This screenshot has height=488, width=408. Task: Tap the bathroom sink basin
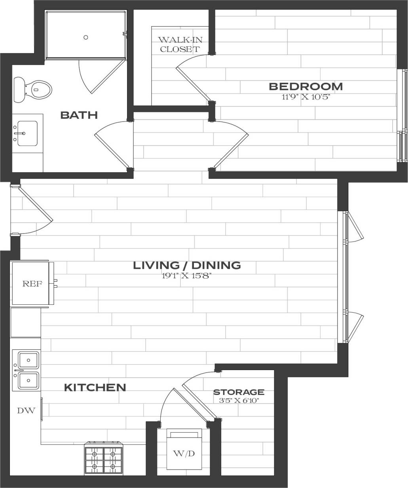tap(27, 133)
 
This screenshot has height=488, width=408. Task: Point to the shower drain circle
tap(86, 37)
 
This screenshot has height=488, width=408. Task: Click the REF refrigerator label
tap(32, 284)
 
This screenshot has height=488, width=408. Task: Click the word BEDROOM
tap(306, 86)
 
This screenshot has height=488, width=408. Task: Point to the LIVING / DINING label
tap(187, 265)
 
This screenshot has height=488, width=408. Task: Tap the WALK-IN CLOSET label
tap(179, 44)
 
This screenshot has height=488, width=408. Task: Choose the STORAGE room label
tap(239, 392)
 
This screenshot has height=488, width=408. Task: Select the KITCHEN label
tap(95, 387)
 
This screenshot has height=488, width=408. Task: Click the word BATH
tap(79, 115)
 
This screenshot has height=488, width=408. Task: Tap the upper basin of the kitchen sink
tap(28, 360)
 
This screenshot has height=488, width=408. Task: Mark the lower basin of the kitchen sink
tap(28, 381)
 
